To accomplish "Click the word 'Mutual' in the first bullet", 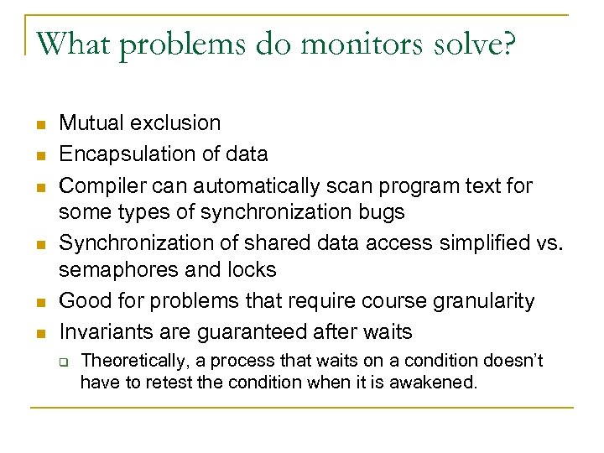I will tap(91, 123).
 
